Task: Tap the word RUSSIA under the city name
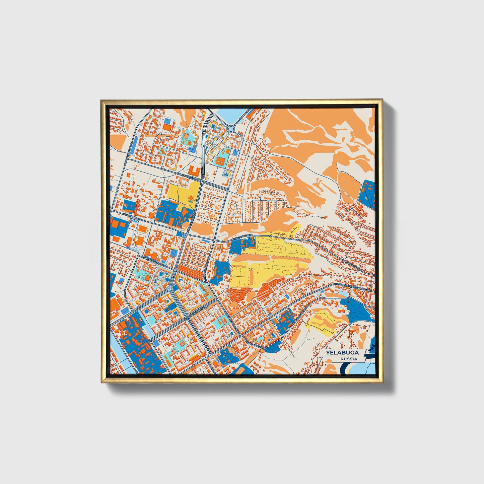click(348, 359)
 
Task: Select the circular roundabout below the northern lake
click(231, 129)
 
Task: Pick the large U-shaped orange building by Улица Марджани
click(195, 171)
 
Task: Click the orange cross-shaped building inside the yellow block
click(191, 200)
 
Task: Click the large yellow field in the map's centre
click(268, 261)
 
